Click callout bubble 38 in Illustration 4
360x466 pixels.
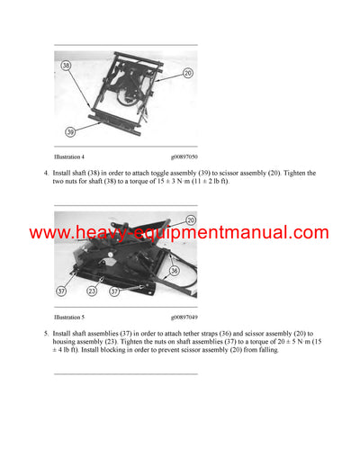(66, 66)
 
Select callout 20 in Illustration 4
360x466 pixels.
(187, 73)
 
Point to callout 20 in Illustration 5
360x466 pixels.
(191, 220)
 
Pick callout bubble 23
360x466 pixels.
(92, 291)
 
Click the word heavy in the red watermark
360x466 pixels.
(89, 233)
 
